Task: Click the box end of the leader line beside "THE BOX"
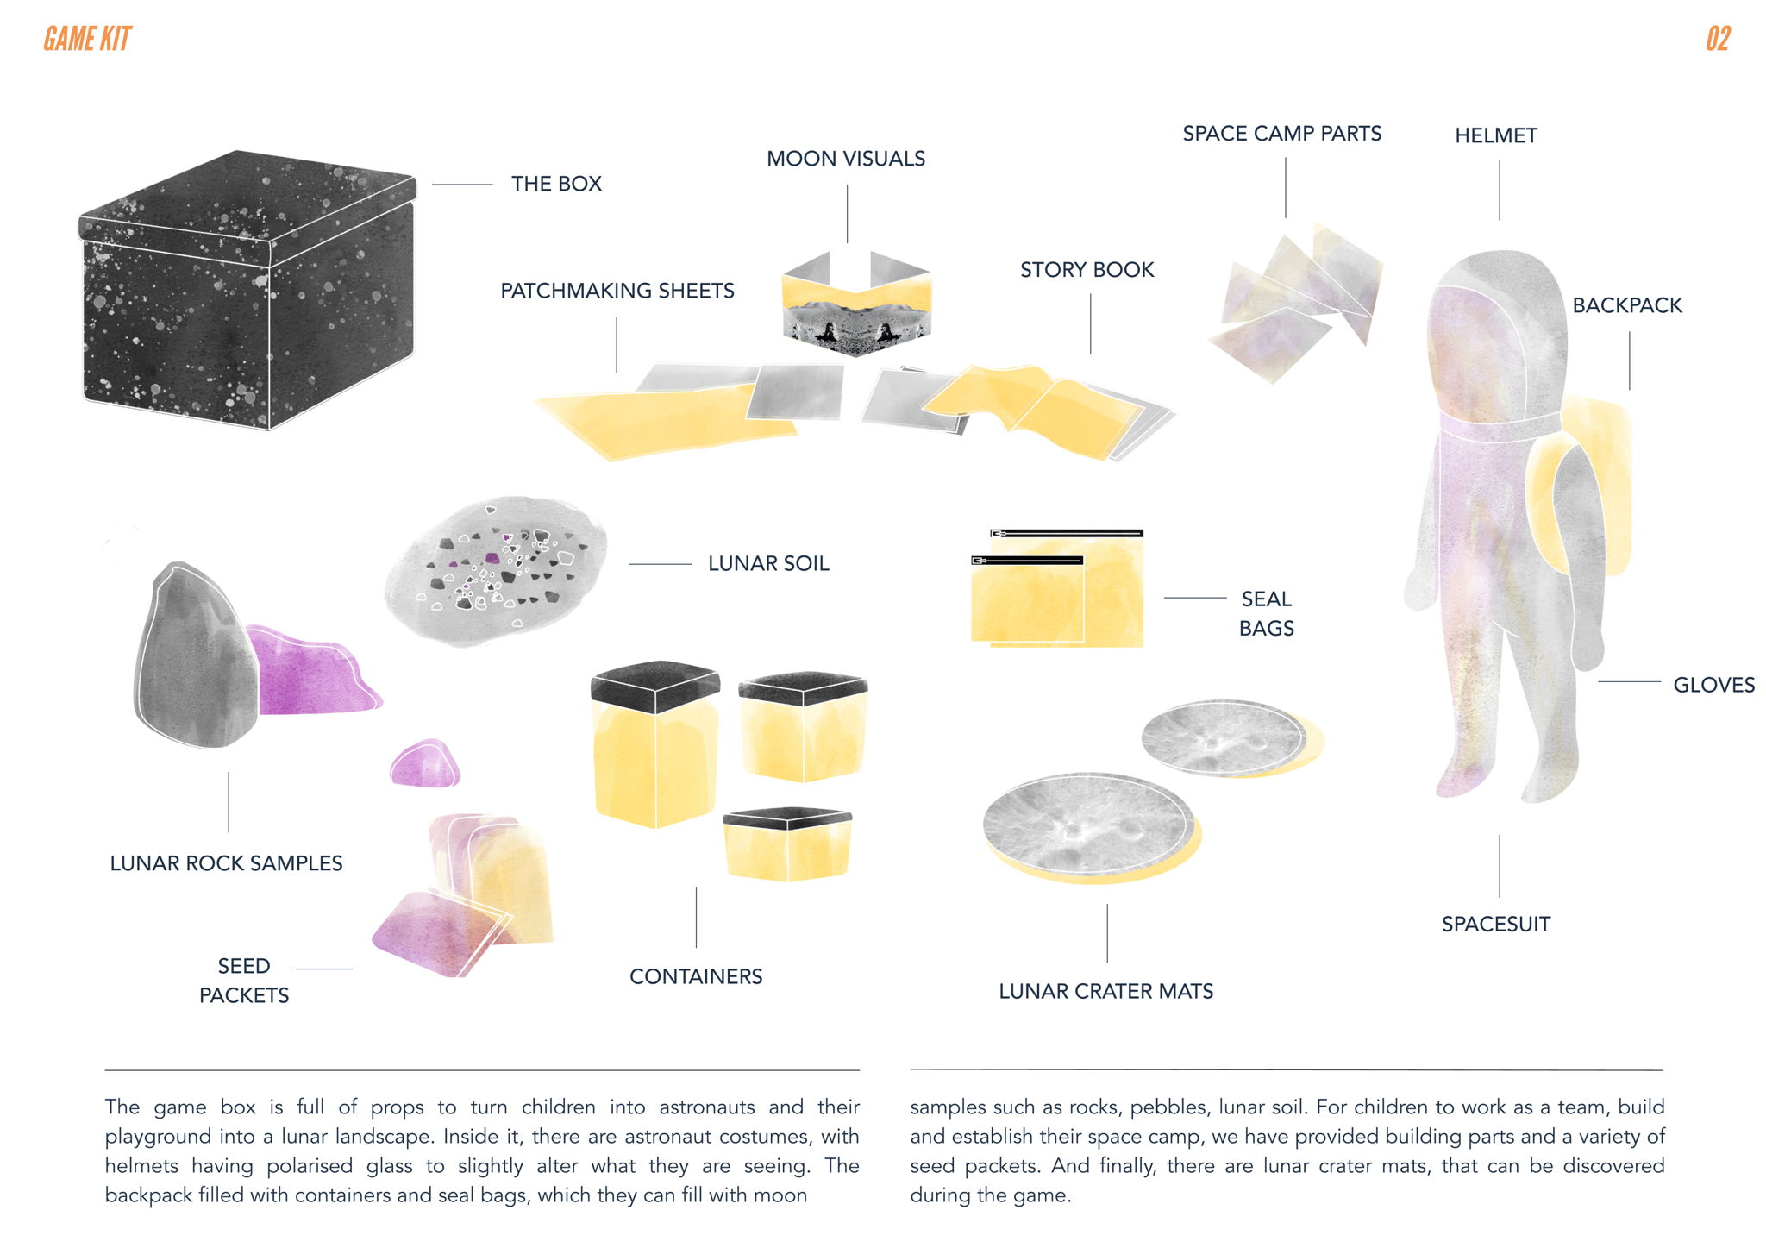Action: coord(432,185)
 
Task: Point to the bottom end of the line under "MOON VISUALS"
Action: coord(847,242)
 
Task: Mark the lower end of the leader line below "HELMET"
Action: coord(1499,220)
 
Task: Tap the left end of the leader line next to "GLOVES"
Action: coord(1599,682)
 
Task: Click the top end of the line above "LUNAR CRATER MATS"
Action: coord(1107,905)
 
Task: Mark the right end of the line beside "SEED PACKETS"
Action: coord(352,969)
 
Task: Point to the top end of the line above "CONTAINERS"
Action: coord(696,888)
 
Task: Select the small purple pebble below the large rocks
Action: coord(425,763)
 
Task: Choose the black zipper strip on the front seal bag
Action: coord(1027,561)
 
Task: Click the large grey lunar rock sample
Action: coord(197,655)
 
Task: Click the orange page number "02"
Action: coord(1718,39)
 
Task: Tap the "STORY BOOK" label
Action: coord(1087,270)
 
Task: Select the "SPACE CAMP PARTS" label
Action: coord(1281,134)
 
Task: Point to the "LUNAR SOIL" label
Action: coord(768,563)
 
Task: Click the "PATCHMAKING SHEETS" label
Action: coord(617,291)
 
